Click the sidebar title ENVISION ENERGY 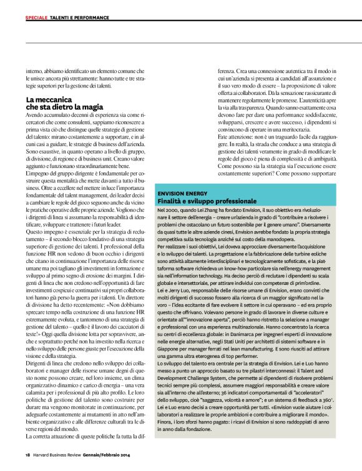[x=182, y=194]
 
